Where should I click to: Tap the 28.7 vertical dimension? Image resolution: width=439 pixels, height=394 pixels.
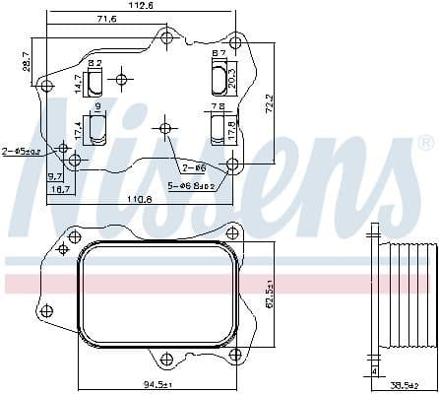pos(26,62)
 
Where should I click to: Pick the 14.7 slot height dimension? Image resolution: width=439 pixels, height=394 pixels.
pos(79,85)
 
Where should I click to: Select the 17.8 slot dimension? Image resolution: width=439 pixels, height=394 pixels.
pos(232,128)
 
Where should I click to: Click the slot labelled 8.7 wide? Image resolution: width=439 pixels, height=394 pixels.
pos(218,74)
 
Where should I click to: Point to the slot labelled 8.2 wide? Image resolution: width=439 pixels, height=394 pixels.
pos(95,80)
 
